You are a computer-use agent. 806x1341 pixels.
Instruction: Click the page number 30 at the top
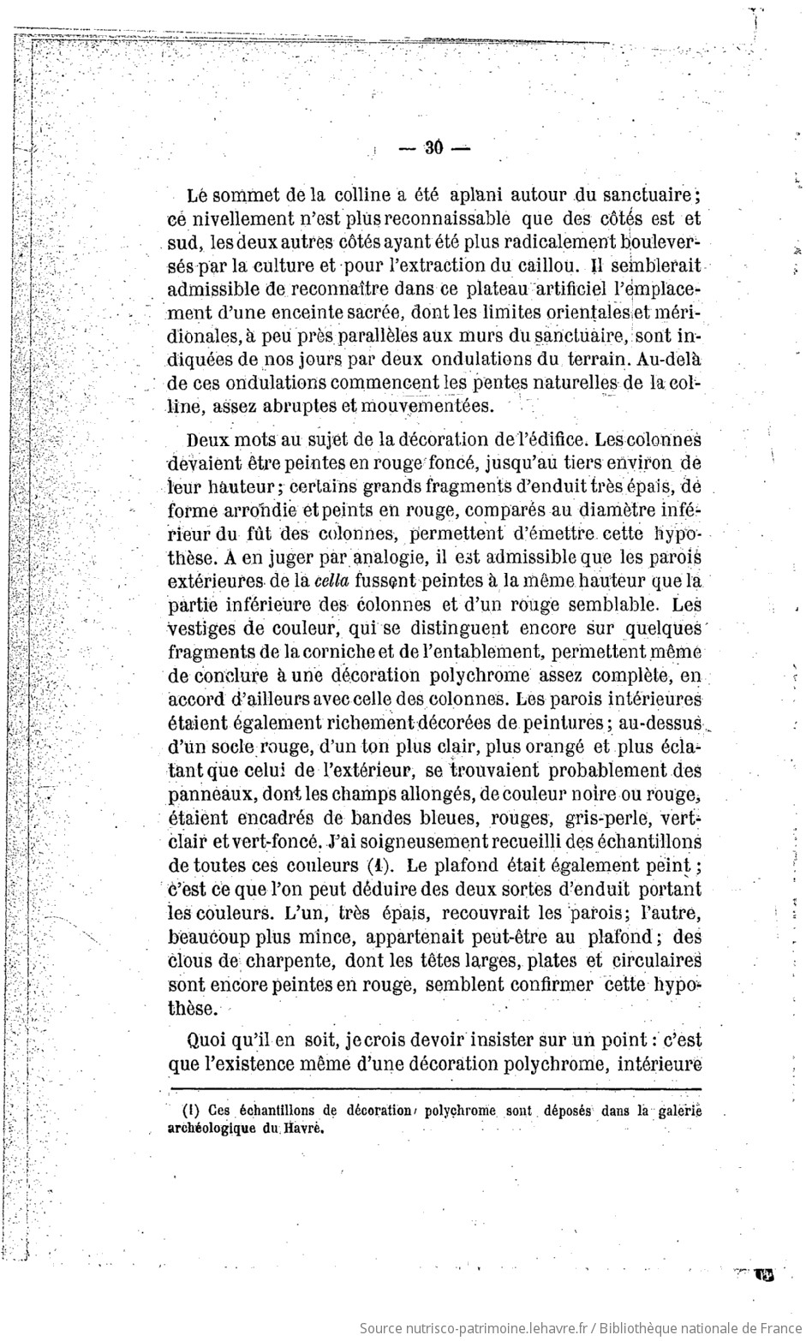pyautogui.click(x=433, y=148)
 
